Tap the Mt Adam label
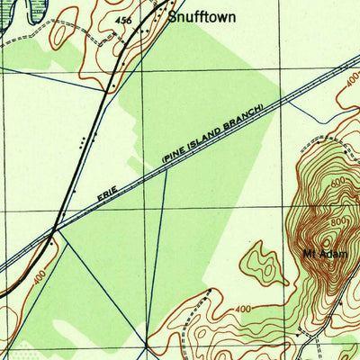coord(318,253)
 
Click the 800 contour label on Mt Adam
coord(337,222)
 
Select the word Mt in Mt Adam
coord(308,253)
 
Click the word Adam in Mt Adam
coord(324,253)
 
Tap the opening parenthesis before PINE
coord(165,160)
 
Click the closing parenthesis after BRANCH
coord(262,107)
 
